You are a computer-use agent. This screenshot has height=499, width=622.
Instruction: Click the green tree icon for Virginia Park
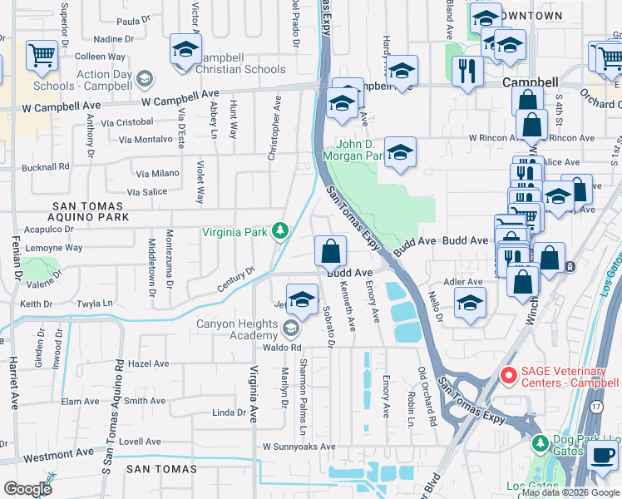pyautogui.click(x=281, y=230)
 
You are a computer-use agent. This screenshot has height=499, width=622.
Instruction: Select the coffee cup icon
pyautogui.click(x=602, y=456)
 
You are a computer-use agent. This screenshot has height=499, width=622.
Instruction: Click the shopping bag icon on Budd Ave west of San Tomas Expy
pyautogui.click(x=330, y=249)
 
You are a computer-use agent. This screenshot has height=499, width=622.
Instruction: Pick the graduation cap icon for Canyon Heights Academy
pyautogui.click(x=302, y=299)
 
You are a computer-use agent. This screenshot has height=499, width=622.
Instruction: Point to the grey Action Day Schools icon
pyautogui.click(x=145, y=79)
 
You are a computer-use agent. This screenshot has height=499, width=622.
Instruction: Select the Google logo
pyautogui.click(x=28, y=488)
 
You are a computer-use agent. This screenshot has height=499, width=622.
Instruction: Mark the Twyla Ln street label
pyautogui.click(x=94, y=304)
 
